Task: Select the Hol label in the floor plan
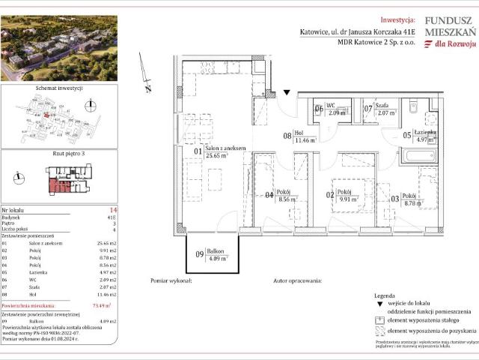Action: click(302, 131)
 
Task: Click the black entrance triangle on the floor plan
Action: click(287, 94)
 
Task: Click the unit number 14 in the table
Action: click(112, 211)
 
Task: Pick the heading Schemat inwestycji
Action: click(58, 88)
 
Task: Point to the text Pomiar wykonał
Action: click(171, 280)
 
